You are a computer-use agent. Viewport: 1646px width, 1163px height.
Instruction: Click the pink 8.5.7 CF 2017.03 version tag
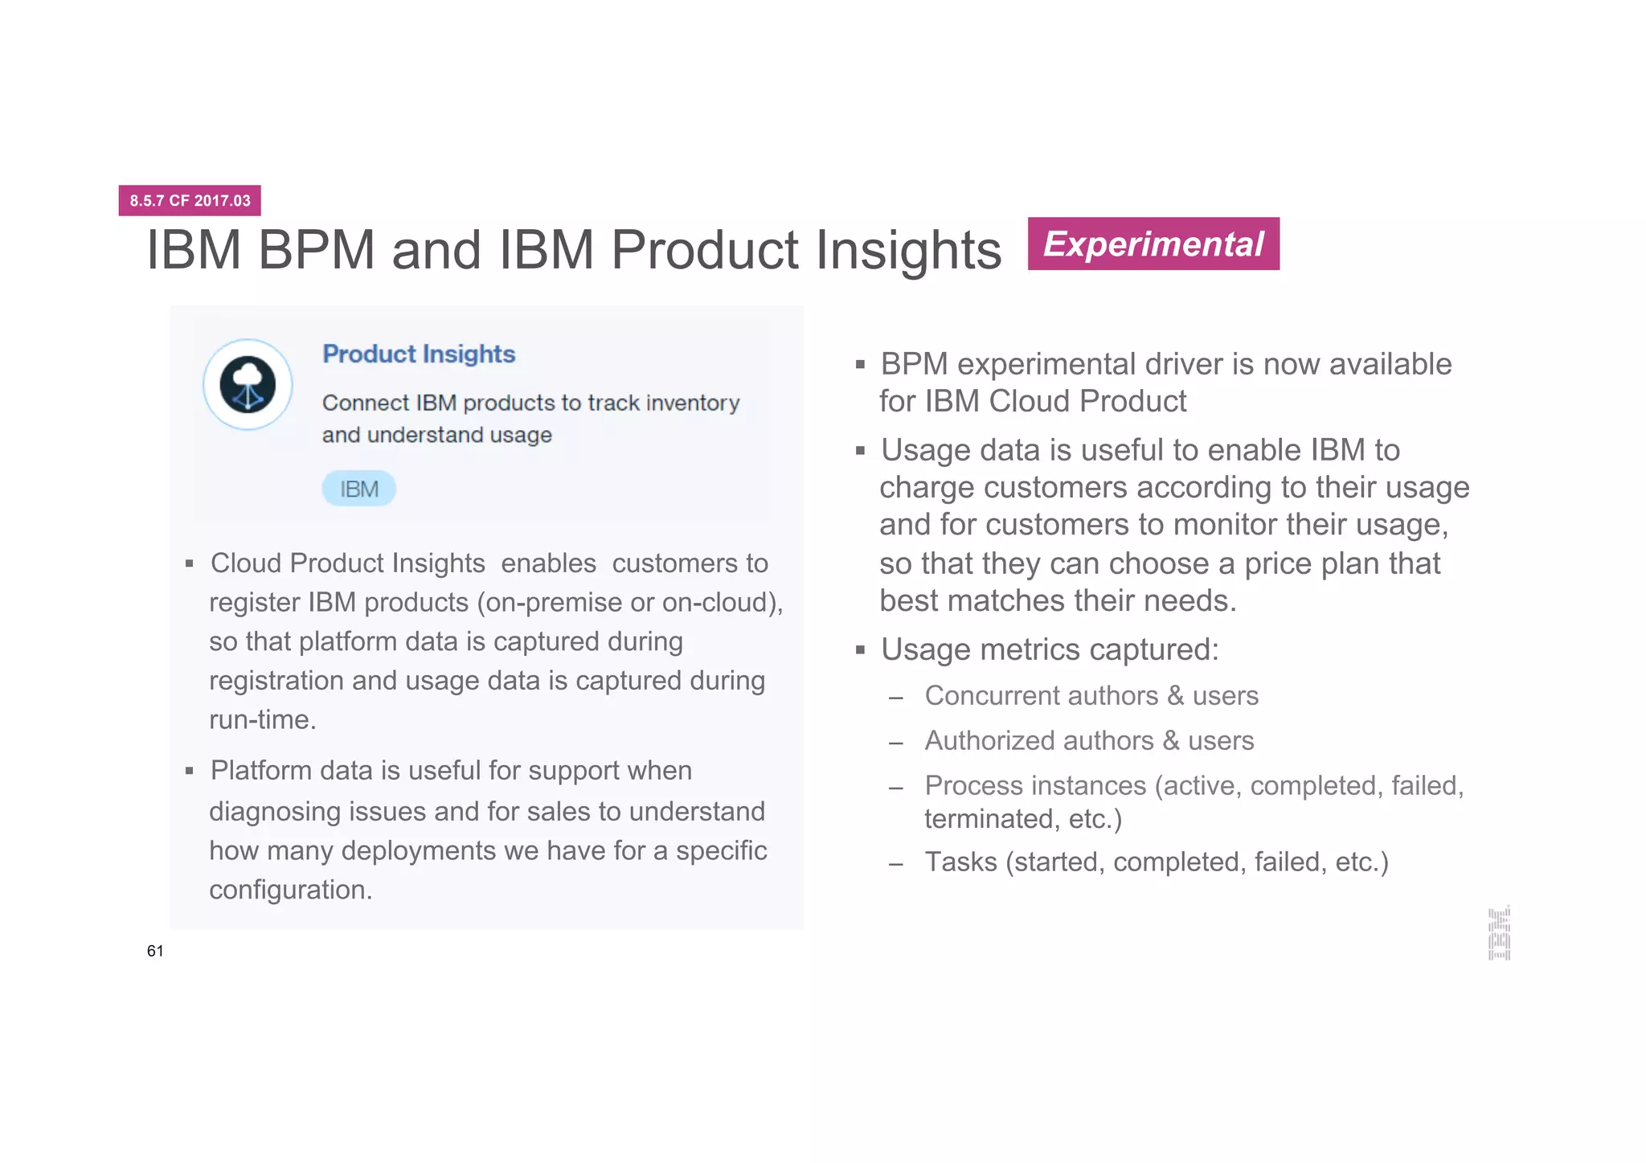[x=190, y=200]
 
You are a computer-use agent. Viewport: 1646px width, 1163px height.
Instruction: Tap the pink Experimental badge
[x=1153, y=244]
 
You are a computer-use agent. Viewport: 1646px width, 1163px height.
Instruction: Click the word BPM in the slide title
[x=316, y=250]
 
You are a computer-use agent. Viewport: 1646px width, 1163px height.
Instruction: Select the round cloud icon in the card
[x=248, y=384]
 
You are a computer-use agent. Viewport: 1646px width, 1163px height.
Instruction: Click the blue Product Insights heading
[x=419, y=354]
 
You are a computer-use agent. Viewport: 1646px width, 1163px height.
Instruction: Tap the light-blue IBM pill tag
[x=358, y=489]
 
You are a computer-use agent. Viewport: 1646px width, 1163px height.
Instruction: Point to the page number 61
[x=155, y=951]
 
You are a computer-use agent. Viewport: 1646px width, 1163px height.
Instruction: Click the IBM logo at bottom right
[x=1499, y=933]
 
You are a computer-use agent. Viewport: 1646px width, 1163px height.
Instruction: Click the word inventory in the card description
[x=693, y=403]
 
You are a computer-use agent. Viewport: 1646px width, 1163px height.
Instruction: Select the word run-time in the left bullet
[x=262, y=719]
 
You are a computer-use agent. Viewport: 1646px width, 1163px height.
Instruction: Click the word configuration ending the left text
[x=290, y=890]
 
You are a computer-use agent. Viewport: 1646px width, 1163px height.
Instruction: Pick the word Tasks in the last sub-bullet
[x=960, y=862]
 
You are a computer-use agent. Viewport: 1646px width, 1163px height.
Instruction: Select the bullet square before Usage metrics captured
[x=860, y=650]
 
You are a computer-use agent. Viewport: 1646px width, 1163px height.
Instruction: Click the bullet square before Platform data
[x=190, y=772]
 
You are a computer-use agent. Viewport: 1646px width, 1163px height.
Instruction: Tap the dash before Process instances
[x=896, y=788]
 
